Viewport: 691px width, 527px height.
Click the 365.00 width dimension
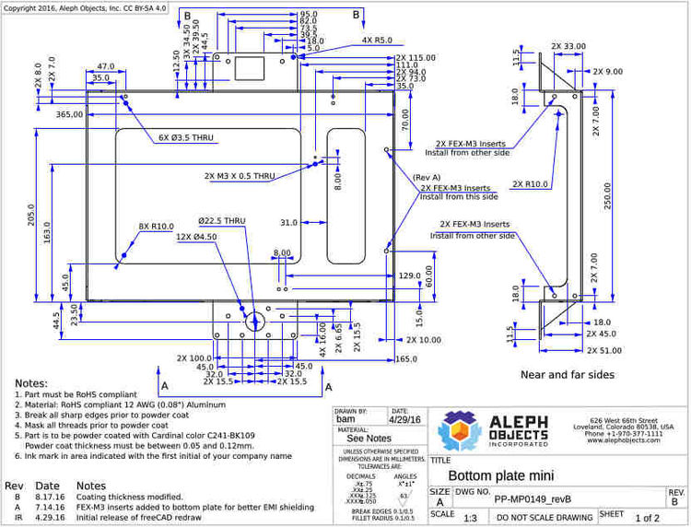point(69,114)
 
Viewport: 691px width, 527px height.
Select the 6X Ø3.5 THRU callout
point(186,138)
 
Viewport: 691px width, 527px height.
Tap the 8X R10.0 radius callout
point(156,227)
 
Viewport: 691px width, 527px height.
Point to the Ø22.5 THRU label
point(222,221)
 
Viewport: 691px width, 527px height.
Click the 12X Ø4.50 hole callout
point(195,237)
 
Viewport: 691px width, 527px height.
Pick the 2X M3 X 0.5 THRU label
point(240,176)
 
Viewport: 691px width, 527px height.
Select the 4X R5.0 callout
point(377,41)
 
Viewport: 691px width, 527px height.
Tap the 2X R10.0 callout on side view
point(530,184)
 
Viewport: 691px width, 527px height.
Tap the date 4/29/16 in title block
point(404,418)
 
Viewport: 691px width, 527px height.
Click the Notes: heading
point(30,383)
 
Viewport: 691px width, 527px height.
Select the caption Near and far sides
point(567,375)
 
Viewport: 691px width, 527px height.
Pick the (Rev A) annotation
point(427,177)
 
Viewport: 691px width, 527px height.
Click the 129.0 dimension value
point(410,275)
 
